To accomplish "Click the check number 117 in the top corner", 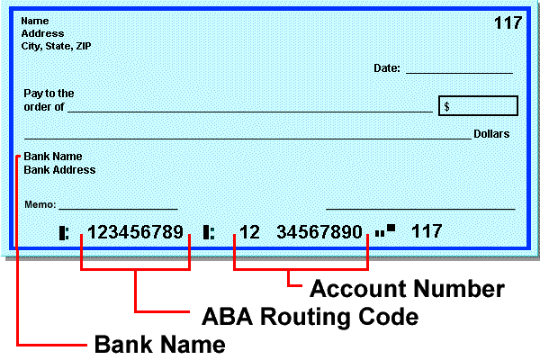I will (x=508, y=22).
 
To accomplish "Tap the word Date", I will (x=386, y=68).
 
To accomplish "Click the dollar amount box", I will (x=478, y=106).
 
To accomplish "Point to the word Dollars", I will (x=491, y=134).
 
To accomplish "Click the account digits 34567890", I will (x=319, y=232).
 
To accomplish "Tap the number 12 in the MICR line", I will (x=249, y=232).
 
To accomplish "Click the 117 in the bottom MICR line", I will (x=427, y=231).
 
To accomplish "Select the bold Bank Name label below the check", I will (x=159, y=343).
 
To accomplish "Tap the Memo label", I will (x=40, y=204).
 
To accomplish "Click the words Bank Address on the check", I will (x=59, y=169).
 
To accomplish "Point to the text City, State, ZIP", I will (x=56, y=45).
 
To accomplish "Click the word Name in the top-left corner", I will (x=35, y=21).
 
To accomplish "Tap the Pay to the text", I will (x=49, y=93).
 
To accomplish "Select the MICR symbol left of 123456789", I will (x=64, y=232).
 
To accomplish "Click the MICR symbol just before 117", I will (x=385, y=231).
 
